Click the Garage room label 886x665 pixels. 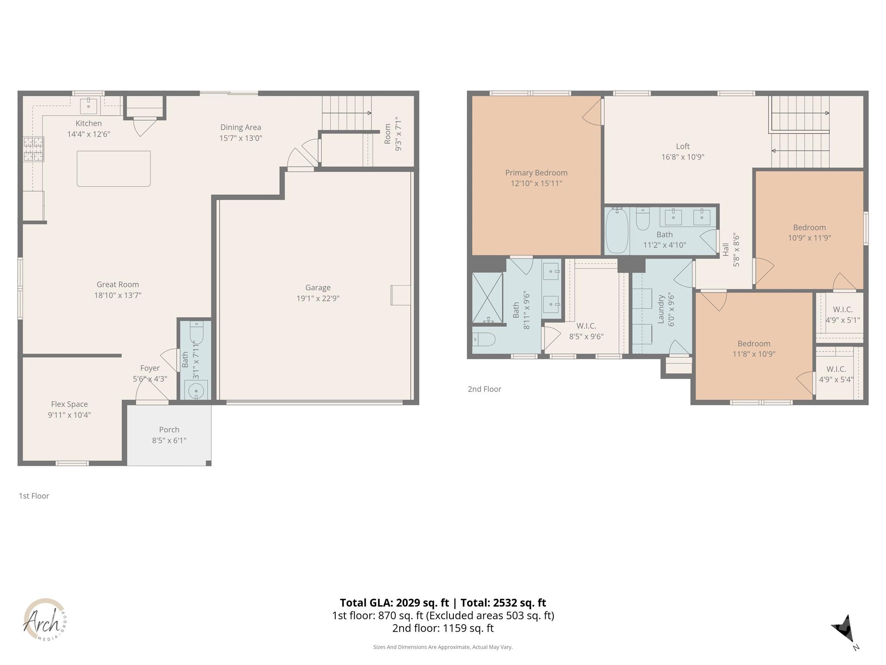click(318, 287)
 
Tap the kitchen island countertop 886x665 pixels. click(114, 168)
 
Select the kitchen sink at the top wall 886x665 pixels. click(89, 105)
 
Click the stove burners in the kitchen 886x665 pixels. click(34, 148)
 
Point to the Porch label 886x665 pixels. click(169, 429)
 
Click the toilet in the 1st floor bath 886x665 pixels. click(196, 332)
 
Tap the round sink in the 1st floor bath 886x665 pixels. click(196, 391)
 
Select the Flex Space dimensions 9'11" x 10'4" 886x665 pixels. click(69, 415)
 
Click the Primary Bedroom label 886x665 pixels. click(536, 173)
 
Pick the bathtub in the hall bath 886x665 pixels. click(616, 231)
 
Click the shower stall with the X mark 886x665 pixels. click(488, 297)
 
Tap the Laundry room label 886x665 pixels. click(661, 309)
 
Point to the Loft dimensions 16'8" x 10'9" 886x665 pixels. click(683, 157)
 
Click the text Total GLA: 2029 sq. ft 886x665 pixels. click(394, 603)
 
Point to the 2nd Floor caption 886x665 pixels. click(484, 389)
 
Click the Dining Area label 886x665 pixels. click(241, 127)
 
